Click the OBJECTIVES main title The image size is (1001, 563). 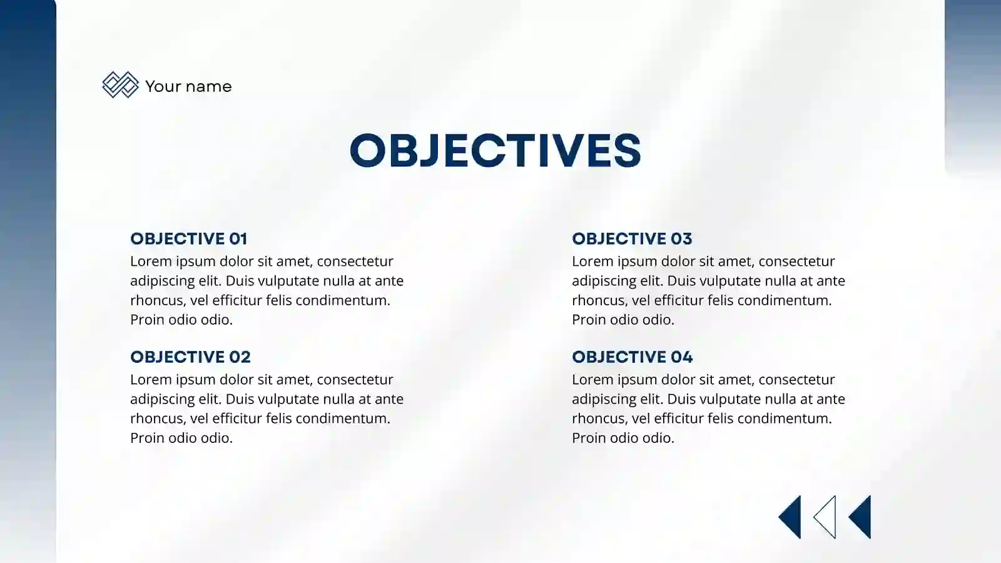click(x=495, y=150)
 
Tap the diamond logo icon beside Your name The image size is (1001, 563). click(x=120, y=84)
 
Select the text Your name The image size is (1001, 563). click(x=188, y=86)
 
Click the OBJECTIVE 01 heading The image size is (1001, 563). click(x=188, y=238)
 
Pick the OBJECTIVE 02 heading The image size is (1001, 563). click(x=190, y=357)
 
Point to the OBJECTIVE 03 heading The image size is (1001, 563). click(x=632, y=238)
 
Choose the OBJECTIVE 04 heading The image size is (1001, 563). click(x=632, y=357)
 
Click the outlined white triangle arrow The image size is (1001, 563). click(x=826, y=517)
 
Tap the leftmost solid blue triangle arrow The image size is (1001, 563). click(x=791, y=517)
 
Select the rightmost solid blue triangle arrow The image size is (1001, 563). click(x=861, y=517)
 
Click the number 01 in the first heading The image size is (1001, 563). click(x=238, y=238)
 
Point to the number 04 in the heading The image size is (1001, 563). click(x=681, y=357)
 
